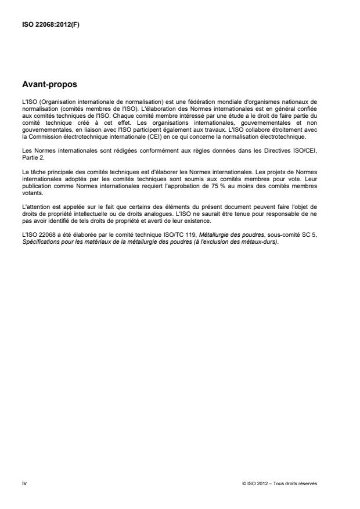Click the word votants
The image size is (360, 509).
coord(30,187)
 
